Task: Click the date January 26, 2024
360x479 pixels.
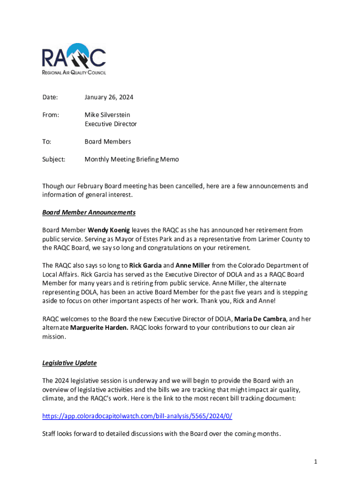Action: tap(108, 97)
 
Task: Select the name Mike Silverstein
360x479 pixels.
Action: tap(107, 115)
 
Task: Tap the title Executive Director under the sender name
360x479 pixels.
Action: tap(110, 124)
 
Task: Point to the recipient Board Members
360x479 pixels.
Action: tap(108, 141)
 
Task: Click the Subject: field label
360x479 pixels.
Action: tap(54, 159)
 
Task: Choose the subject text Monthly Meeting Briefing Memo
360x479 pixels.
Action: tap(131, 159)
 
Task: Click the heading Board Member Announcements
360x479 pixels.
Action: tap(89, 212)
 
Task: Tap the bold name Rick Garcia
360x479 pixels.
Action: tap(145, 266)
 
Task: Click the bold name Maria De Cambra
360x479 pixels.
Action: tap(260, 319)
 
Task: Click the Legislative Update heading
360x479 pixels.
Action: tap(69, 363)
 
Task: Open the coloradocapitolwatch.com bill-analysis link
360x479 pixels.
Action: tap(137, 416)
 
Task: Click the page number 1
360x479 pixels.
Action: tap(316, 462)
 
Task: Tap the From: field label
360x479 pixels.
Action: tap(51, 115)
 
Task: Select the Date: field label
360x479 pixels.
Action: tap(50, 97)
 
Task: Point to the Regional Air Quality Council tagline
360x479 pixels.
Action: tap(74, 73)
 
